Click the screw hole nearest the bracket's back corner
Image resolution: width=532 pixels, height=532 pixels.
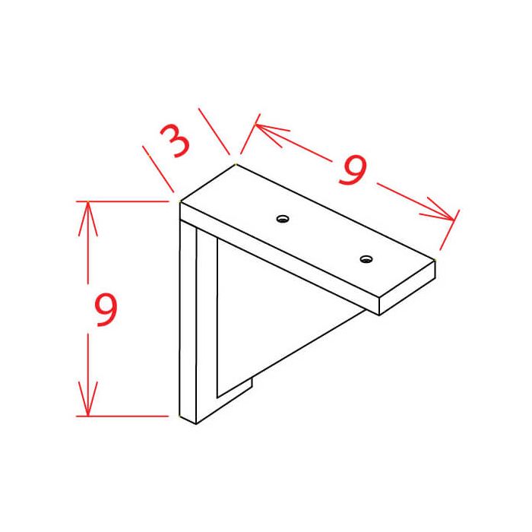coord(283,219)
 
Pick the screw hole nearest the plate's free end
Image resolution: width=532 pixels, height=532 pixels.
coord(366,259)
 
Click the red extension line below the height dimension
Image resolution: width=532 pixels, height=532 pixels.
coord(125,416)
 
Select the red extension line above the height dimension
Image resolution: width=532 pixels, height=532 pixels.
coord(125,201)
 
